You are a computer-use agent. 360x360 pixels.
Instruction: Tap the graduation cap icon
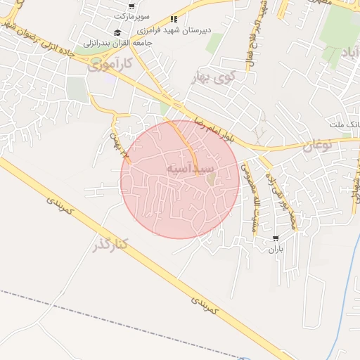click(x=117, y=32)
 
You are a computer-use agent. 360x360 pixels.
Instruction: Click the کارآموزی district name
click(x=112, y=66)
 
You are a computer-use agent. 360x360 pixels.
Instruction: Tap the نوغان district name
click(x=317, y=146)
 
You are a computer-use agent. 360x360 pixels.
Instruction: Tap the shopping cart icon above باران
click(x=275, y=239)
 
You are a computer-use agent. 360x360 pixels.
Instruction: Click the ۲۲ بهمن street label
click(x=116, y=138)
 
